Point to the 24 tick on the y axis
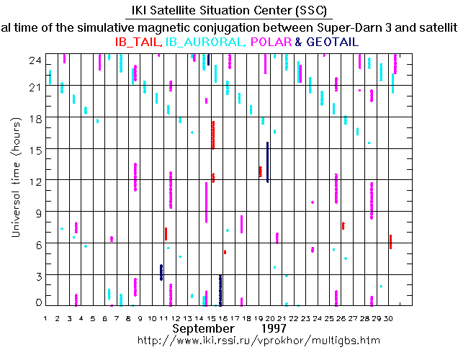pos(34,60)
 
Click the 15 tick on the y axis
pos(34,149)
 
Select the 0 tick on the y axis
pos(37,302)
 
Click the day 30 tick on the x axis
pos(389,318)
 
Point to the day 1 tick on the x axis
pos(45,318)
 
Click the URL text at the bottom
pos(258,340)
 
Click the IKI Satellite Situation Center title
pos(229,11)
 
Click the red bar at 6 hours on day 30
pos(390,242)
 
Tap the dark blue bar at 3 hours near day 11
pos(161,272)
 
